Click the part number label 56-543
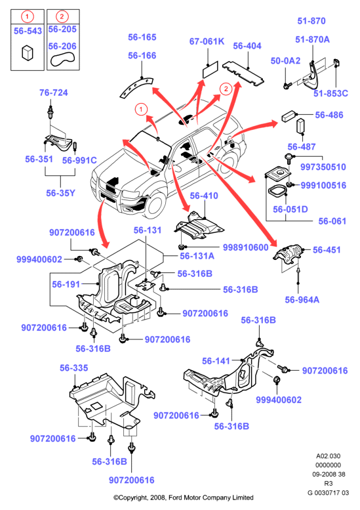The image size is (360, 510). tap(28, 31)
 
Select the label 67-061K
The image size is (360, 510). tap(207, 41)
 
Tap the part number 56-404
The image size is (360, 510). tap(247, 46)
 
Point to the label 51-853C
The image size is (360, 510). tap(330, 93)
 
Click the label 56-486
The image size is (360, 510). tap(329, 115)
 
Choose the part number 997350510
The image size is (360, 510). tap(323, 167)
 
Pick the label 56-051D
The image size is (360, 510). tap(290, 209)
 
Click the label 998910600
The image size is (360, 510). tap(246, 247)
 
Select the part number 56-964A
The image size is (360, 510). tap(302, 299)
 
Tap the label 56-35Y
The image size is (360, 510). tap(60, 193)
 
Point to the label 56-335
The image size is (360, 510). tap(73, 368)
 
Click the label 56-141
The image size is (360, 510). tap(216, 361)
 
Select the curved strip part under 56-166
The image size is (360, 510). tap(136, 87)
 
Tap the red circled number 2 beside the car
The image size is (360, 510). tap(226, 89)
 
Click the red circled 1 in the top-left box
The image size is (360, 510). tap(28, 16)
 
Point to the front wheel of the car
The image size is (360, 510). tap(154, 204)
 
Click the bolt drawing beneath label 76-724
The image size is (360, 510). tap(50, 112)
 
